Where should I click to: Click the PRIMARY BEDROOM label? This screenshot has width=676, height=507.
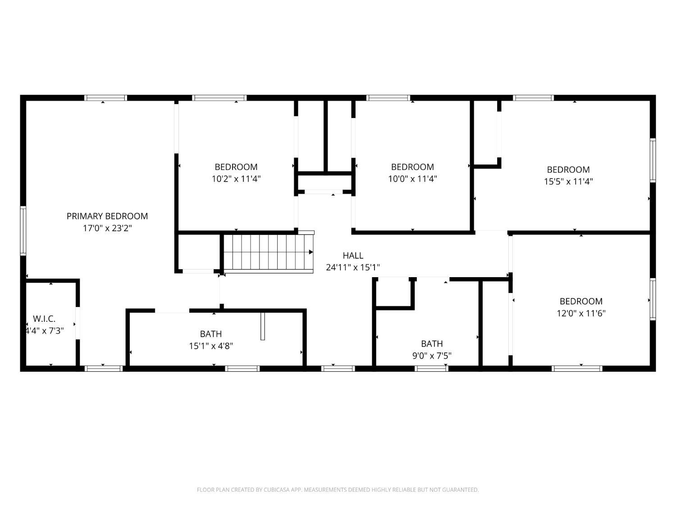pyautogui.click(x=107, y=216)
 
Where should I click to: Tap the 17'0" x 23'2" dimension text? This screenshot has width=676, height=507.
pyautogui.click(x=107, y=228)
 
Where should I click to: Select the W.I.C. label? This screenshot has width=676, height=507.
pyautogui.click(x=44, y=318)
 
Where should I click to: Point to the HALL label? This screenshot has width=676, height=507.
pyautogui.click(x=352, y=256)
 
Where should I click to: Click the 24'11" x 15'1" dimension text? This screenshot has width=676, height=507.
pyautogui.click(x=352, y=267)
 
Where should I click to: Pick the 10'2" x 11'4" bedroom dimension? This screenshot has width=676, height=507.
pyautogui.click(x=236, y=178)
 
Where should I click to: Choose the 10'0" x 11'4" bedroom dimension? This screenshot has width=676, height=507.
pyautogui.click(x=412, y=178)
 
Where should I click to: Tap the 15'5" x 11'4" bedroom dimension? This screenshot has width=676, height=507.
pyautogui.click(x=568, y=181)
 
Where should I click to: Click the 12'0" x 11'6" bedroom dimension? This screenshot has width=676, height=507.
pyautogui.click(x=581, y=313)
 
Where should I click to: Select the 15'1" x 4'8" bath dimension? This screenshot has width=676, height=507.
pyautogui.click(x=210, y=346)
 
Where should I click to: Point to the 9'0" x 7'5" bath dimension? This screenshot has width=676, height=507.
pyautogui.click(x=432, y=356)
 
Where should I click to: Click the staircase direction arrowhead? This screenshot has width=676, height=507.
pyautogui.click(x=311, y=252)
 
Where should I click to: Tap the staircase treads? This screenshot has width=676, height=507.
pyautogui.click(x=268, y=253)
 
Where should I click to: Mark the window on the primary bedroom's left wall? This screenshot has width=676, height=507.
pyautogui.click(x=23, y=231)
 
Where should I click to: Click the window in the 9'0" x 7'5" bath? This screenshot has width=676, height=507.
pyautogui.click(x=431, y=369)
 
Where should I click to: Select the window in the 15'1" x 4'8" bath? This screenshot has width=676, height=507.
pyautogui.click(x=242, y=369)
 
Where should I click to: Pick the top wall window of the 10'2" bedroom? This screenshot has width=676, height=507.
pyautogui.click(x=219, y=98)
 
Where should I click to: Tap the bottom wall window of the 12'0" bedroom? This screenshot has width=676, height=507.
pyautogui.click(x=577, y=369)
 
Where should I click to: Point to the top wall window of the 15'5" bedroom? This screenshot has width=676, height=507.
pyautogui.click(x=533, y=98)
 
